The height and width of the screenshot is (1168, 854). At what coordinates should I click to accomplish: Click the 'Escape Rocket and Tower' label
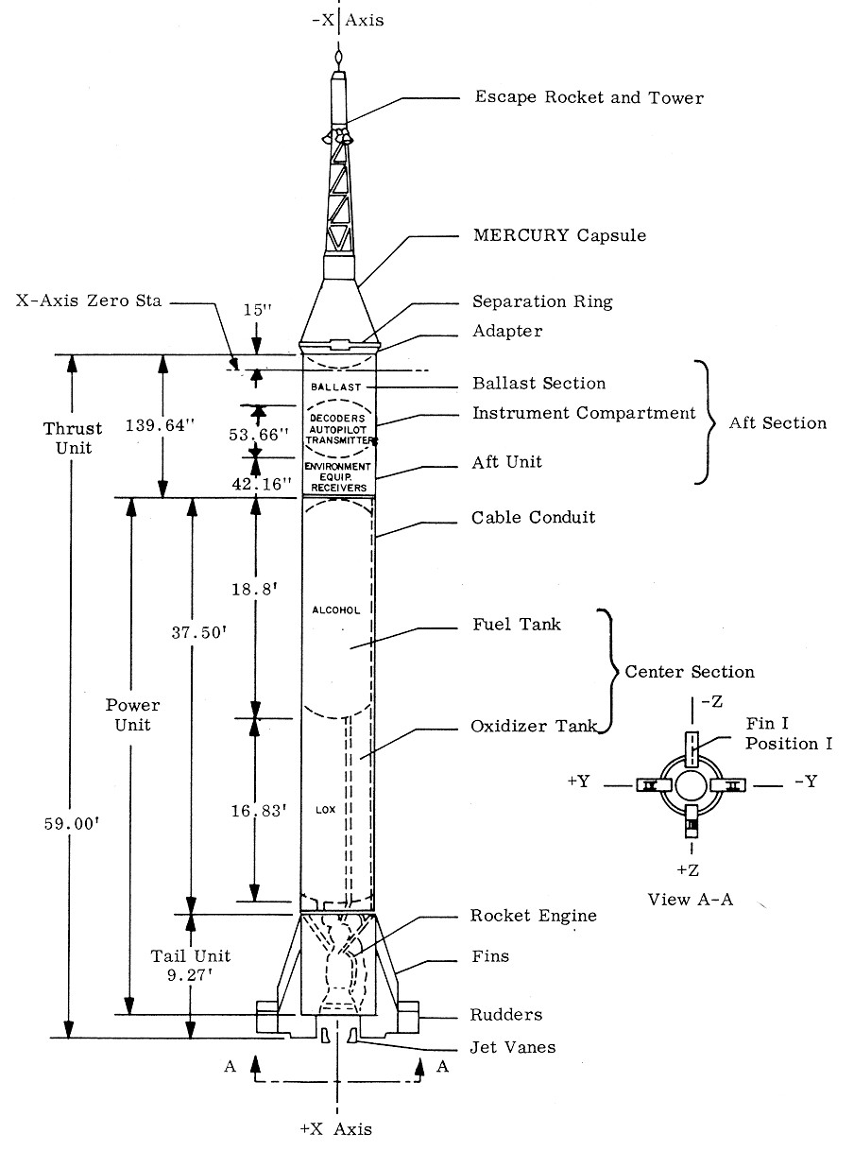click(589, 97)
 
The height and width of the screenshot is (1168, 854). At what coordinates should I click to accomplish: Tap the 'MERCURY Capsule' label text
click(559, 235)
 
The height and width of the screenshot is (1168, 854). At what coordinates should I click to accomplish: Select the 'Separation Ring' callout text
click(542, 302)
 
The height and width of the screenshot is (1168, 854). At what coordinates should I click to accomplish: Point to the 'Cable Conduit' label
click(534, 519)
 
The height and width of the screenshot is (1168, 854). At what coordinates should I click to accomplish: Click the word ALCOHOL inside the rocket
click(336, 610)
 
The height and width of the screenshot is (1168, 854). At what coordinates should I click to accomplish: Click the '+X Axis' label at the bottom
click(336, 1129)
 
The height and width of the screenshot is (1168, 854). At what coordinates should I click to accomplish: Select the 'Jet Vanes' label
click(513, 1047)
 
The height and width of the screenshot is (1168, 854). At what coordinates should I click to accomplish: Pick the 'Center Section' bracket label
click(690, 673)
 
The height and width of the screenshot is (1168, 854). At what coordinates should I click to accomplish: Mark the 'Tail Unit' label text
click(191, 956)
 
